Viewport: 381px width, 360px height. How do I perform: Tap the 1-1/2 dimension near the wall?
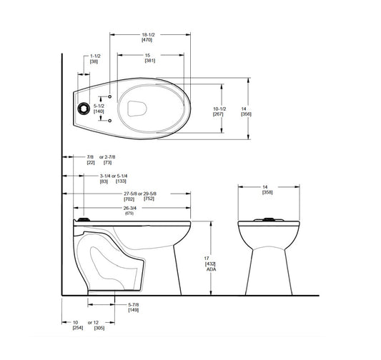coord(94,55)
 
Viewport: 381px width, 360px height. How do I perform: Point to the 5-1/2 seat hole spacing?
coord(99,105)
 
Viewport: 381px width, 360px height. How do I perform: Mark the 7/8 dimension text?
coord(90,155)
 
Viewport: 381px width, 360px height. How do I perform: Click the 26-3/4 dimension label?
coord(129,208)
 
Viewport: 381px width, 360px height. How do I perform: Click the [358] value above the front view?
coord(267,193)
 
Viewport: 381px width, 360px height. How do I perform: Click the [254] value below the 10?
coord(76,329)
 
